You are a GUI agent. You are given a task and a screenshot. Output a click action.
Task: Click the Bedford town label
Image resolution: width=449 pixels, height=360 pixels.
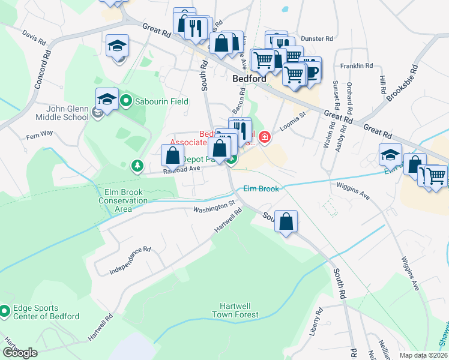[x=250, y=79]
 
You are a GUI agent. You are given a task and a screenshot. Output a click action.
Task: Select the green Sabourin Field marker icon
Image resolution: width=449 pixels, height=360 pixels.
[x=126, y=100]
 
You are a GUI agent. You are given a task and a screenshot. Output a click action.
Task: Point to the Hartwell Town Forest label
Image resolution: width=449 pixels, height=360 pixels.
[x=235, y=310]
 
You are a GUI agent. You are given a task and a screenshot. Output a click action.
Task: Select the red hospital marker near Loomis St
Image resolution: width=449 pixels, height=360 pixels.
[x=264, y=139]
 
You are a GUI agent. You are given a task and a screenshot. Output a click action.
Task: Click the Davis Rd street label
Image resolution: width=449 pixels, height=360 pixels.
[x=34, y=38]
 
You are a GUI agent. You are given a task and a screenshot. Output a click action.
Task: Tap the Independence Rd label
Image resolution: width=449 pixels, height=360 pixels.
[x=130, y=260]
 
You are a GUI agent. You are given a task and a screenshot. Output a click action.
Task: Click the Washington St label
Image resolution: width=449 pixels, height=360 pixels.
[x=213, y=206]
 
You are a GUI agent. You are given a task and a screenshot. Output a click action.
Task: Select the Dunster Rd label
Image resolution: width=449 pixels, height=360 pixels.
[x=317, y=38]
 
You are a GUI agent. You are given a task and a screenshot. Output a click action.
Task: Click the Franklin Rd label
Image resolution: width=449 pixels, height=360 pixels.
[x=357, y=65]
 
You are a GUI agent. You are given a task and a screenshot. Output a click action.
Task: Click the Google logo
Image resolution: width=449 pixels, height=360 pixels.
[x=20, y=352]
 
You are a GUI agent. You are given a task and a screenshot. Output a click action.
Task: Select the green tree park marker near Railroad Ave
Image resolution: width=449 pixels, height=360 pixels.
[x=137, y=164]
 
